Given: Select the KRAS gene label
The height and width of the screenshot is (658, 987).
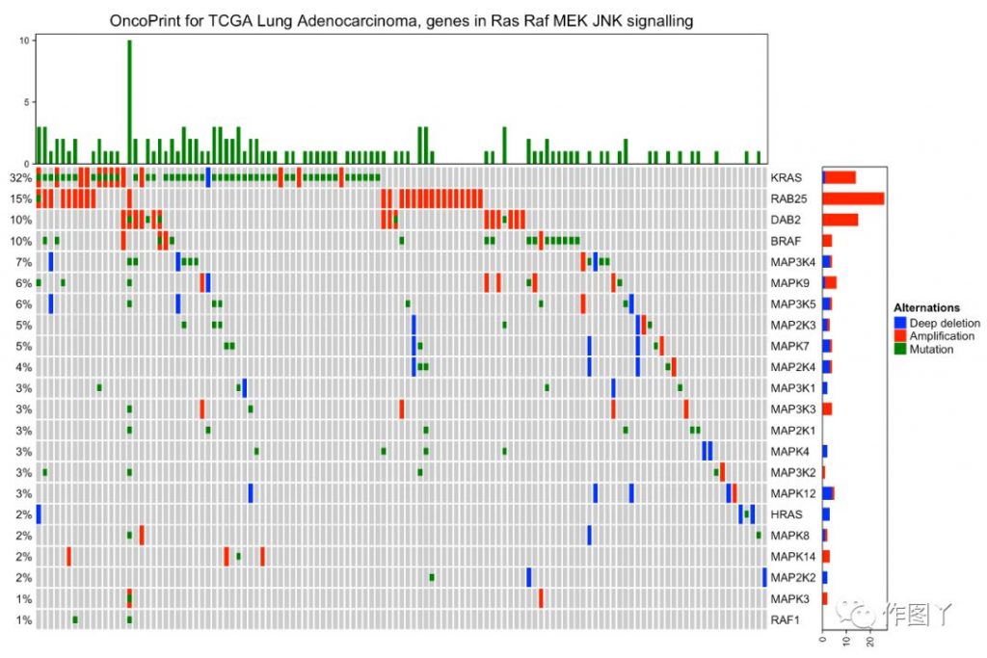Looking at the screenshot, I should click(x=786, y=177).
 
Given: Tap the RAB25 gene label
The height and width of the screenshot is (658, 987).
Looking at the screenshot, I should click(x=788, y=198).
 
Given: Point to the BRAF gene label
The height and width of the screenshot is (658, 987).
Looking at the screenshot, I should click(x=786, y=241).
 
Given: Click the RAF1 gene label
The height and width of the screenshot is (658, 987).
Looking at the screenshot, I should click(x=785, y=619).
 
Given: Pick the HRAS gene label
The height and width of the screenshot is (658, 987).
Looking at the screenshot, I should click(x=786, y=514).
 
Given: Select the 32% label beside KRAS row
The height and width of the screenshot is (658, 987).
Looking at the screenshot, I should click(x=20, y=177).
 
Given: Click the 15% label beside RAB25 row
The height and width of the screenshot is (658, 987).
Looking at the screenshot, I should click(x=20, y=198).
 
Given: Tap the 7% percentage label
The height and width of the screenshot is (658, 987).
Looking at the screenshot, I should click(x=23, y=262).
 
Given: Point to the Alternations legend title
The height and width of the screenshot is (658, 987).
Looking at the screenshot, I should click(x=926, y=308).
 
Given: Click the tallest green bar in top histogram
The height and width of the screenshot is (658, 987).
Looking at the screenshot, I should click(x=129, y=102).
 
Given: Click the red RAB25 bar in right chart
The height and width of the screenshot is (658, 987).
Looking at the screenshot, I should click(x=855, y=198).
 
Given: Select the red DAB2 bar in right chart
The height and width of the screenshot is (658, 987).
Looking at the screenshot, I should click(x=841, y=220).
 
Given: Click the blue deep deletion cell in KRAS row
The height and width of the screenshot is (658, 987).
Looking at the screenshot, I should click(x=207, y=177).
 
